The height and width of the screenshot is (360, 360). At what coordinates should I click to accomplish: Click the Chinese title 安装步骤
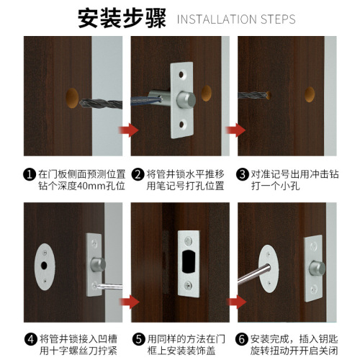pos(120,17)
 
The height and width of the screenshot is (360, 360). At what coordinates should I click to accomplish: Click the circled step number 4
pos(30,339)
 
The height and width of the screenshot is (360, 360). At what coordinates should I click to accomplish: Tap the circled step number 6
pos(243,339)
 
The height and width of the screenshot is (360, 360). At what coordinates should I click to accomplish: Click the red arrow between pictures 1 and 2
pos(129,130)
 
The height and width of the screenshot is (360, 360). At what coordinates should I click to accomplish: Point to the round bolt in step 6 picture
pos(315,267)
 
